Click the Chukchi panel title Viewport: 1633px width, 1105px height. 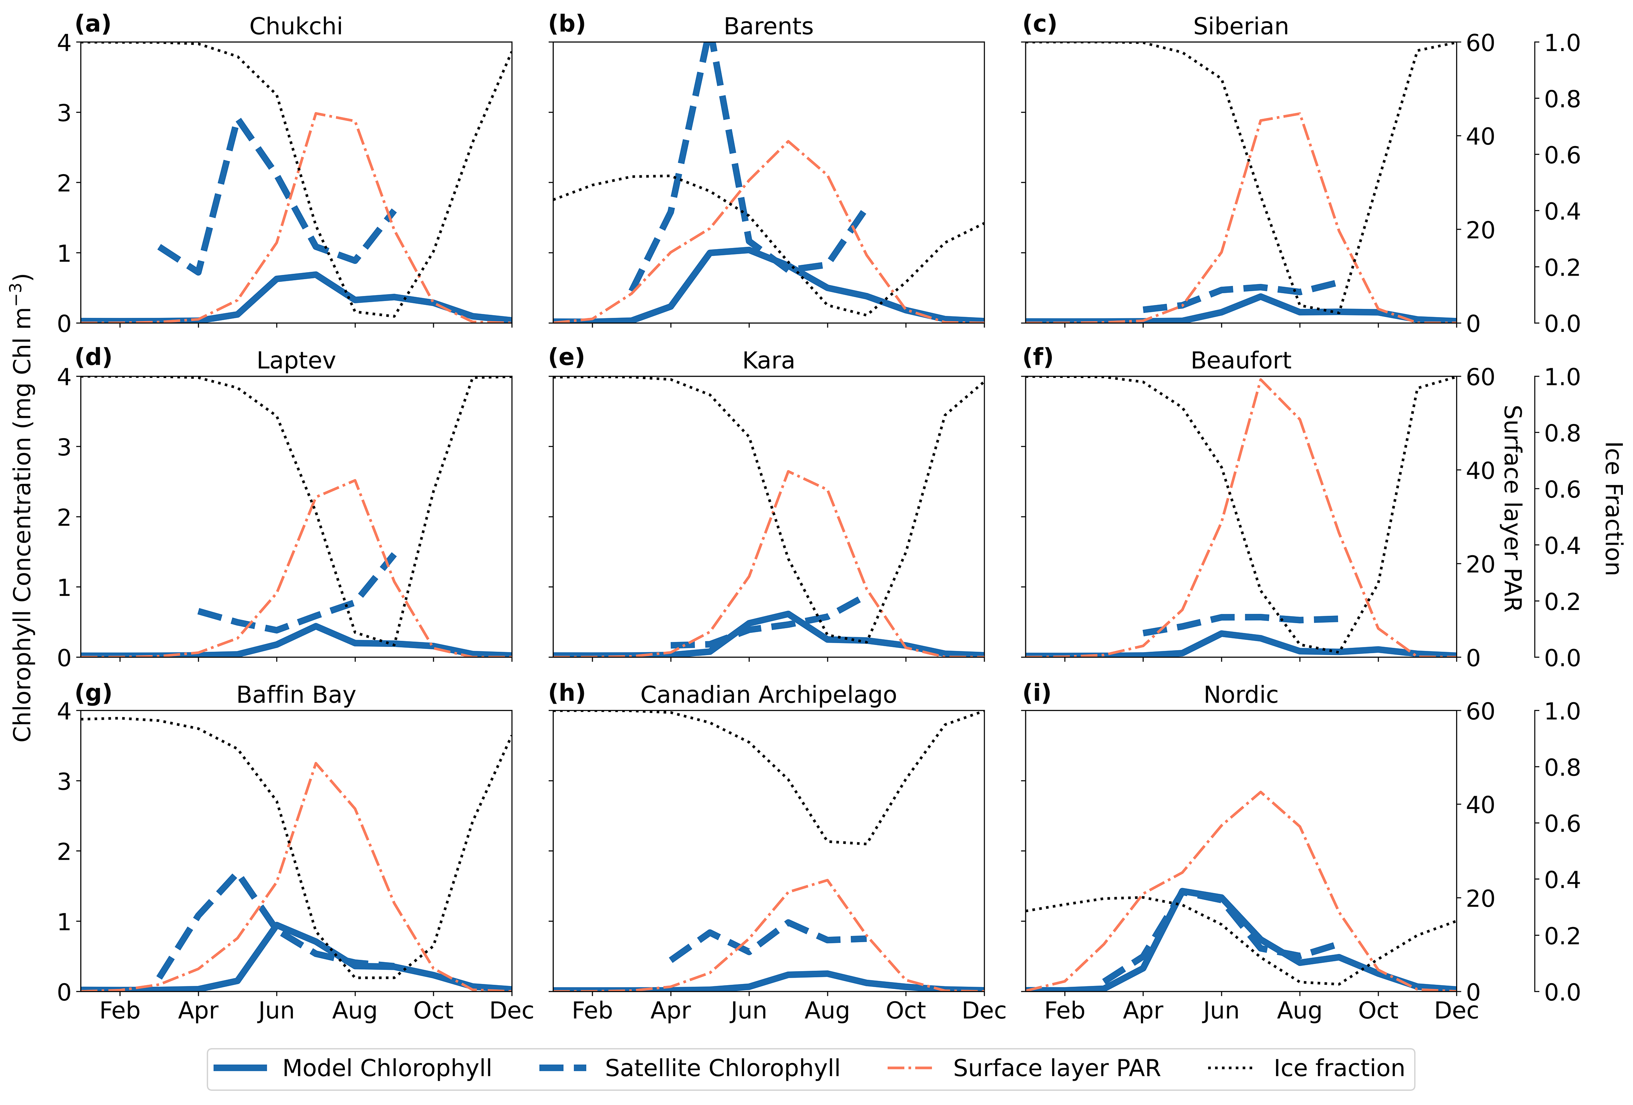(296, 26)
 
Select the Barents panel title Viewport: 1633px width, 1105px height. (768, 26)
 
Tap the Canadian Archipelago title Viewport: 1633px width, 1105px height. (768, 695)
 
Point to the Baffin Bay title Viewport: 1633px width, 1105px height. (296, 695)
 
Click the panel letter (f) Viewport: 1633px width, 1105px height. (1038, 358)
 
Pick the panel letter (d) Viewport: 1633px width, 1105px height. (93, 358)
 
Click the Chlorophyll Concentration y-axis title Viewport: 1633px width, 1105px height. (23, 507)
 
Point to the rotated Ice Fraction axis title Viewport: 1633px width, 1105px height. (1613, 507)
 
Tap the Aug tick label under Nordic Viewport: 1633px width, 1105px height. (1299, 1011)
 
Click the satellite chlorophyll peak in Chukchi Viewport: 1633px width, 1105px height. (239, 121)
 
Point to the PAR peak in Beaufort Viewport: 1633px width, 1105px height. (1261, 380)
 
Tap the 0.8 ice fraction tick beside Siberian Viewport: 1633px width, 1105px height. (1561, 99)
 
